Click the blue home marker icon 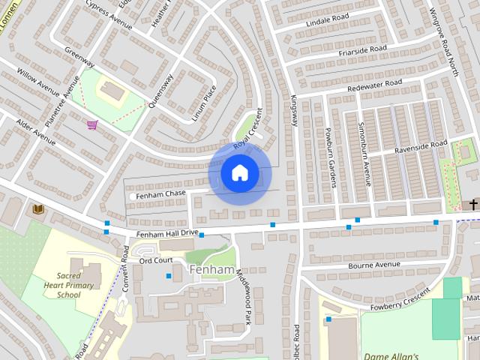click(240, 173)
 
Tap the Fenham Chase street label click(165, 193)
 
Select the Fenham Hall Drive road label click(167, 233)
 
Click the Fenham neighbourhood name click(213, 268)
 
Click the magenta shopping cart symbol click(92, 124)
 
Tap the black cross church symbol click(473, 204)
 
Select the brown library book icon click(38, 208)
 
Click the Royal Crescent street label click(249, 129)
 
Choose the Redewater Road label click(375, 86)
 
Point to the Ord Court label click(156, 260)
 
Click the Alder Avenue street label click(35, 131)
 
